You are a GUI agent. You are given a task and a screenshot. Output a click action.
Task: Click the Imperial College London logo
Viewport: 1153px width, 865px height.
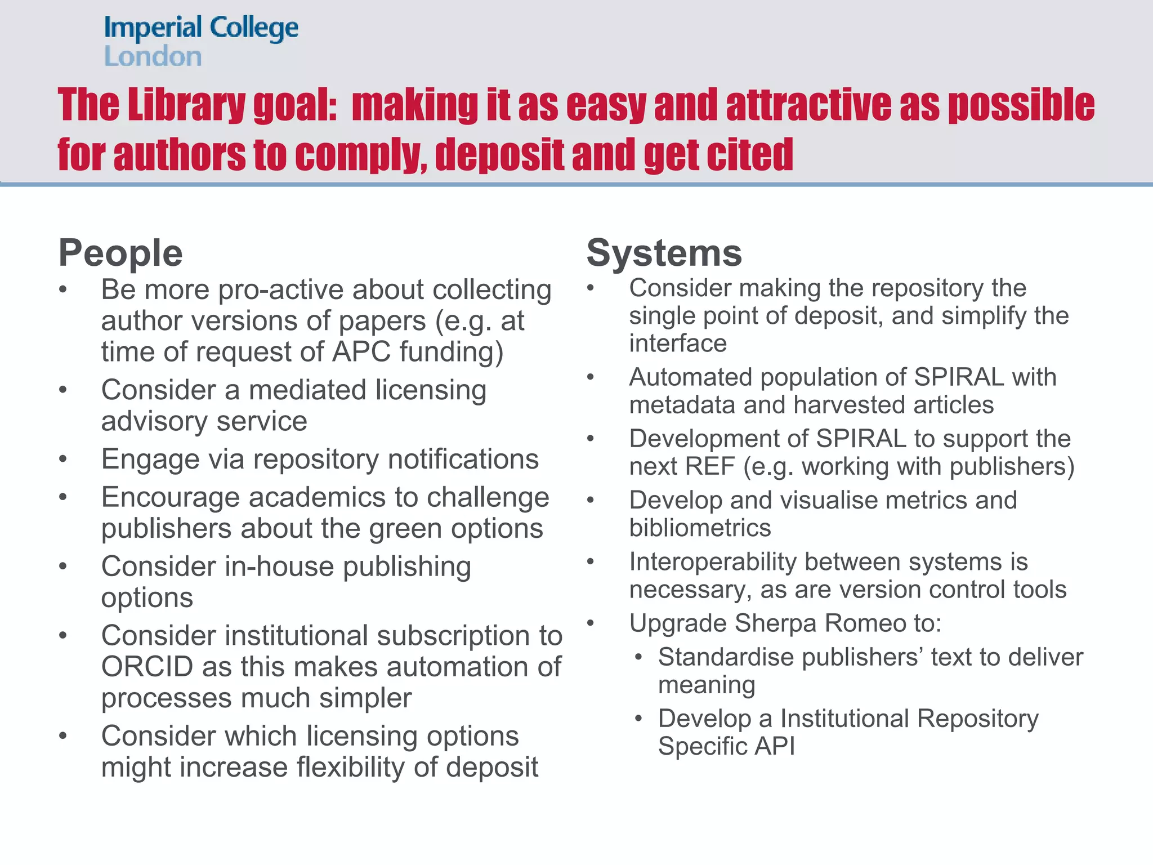click(201, 42)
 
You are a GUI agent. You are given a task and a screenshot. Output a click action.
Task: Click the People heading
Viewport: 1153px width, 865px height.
click(120, 253)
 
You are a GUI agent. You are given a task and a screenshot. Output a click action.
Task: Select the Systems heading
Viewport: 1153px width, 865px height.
click(664, 253)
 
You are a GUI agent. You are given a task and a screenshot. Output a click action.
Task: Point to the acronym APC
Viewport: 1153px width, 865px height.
click(361, 352)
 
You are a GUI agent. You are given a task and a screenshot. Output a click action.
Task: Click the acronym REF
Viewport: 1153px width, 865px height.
click(706, 466)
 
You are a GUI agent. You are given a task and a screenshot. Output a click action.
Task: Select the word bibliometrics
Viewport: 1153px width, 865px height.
click(700, 528)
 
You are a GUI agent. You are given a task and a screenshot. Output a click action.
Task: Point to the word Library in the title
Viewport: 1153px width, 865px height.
click(186, 105)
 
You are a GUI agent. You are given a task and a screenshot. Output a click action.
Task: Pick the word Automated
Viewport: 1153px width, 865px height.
click(690, 377)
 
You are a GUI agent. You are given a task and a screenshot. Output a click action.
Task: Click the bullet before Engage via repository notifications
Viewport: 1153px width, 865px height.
click(63, 460)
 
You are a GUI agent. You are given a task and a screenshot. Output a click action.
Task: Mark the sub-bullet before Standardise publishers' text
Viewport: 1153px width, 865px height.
click(638, 658)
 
